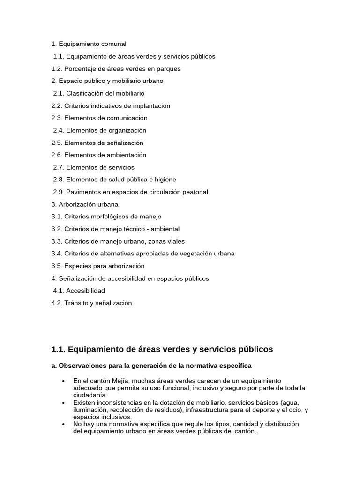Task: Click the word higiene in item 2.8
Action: (x=165, y=180)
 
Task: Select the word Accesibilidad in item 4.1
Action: (x=85, y=291)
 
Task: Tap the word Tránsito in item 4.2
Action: (x=76, y=303)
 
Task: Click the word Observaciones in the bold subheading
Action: (x=81, y=365)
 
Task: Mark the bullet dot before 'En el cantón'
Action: (x=63, y=381)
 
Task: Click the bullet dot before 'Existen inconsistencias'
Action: (x=63, y=403)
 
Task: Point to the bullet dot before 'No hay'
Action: (x=63, y=424)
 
